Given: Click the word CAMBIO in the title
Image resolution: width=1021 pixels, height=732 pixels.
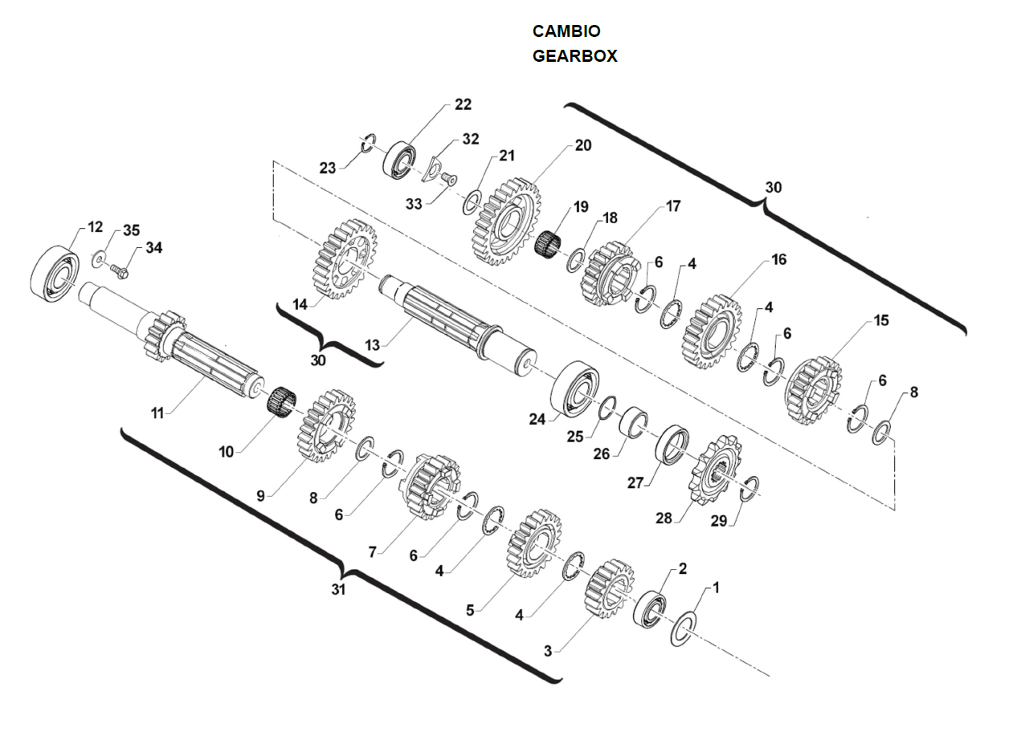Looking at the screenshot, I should (566, 31).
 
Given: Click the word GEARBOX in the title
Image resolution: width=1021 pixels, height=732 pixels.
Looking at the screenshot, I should (574, 56).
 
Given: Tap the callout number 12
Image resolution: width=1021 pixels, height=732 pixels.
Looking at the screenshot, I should (96, 226).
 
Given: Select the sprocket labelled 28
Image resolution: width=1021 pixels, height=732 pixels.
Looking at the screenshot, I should (715, 470).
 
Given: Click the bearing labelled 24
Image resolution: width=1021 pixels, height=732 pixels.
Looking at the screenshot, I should (574, 388).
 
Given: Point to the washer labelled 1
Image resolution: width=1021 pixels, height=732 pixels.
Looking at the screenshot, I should (683, 628).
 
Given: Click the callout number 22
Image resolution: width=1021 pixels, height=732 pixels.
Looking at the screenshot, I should (463, 104).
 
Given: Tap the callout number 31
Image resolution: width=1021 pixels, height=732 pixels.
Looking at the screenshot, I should (338, 589).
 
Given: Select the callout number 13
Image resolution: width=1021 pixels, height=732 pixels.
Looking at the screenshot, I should (371, 344).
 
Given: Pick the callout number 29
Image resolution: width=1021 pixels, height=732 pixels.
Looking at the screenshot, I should (718, 521).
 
